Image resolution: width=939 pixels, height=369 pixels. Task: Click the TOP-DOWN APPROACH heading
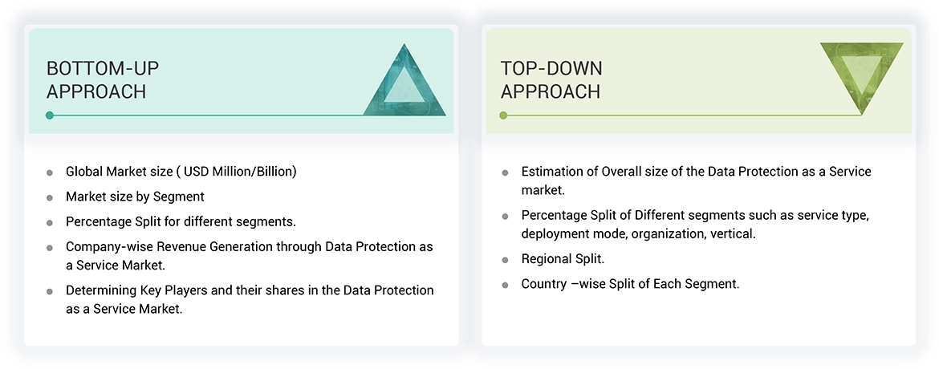(551, 79)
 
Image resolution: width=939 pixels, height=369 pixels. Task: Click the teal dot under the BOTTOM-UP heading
(50, 116)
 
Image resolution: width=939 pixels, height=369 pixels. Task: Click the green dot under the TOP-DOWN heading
(503, 116)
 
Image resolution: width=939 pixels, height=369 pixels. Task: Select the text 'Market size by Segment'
(135, 197)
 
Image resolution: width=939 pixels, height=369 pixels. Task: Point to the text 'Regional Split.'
(563, 259)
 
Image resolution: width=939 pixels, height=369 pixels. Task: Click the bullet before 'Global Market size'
(50, 172)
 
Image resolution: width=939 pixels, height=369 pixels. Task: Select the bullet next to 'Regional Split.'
(505, 260)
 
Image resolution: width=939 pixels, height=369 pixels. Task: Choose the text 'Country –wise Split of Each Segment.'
(630, 283)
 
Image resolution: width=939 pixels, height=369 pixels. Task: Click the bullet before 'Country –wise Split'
(505, 284)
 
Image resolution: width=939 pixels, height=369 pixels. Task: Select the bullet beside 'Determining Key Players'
(50, 291)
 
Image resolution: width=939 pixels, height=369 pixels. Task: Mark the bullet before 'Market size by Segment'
(50, 197)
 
